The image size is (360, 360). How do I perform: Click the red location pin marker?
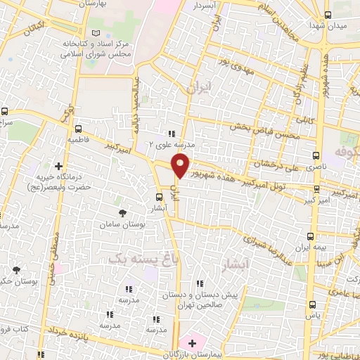coord(181,165)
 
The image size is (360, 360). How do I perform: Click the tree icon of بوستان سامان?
coord(124,212)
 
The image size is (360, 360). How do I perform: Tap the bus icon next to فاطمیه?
coord(78,129)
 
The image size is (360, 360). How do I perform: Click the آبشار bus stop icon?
coord(160,198)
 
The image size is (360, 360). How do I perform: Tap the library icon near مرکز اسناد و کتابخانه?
coord(97,32)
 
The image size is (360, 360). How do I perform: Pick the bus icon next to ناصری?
coord(316,156)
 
